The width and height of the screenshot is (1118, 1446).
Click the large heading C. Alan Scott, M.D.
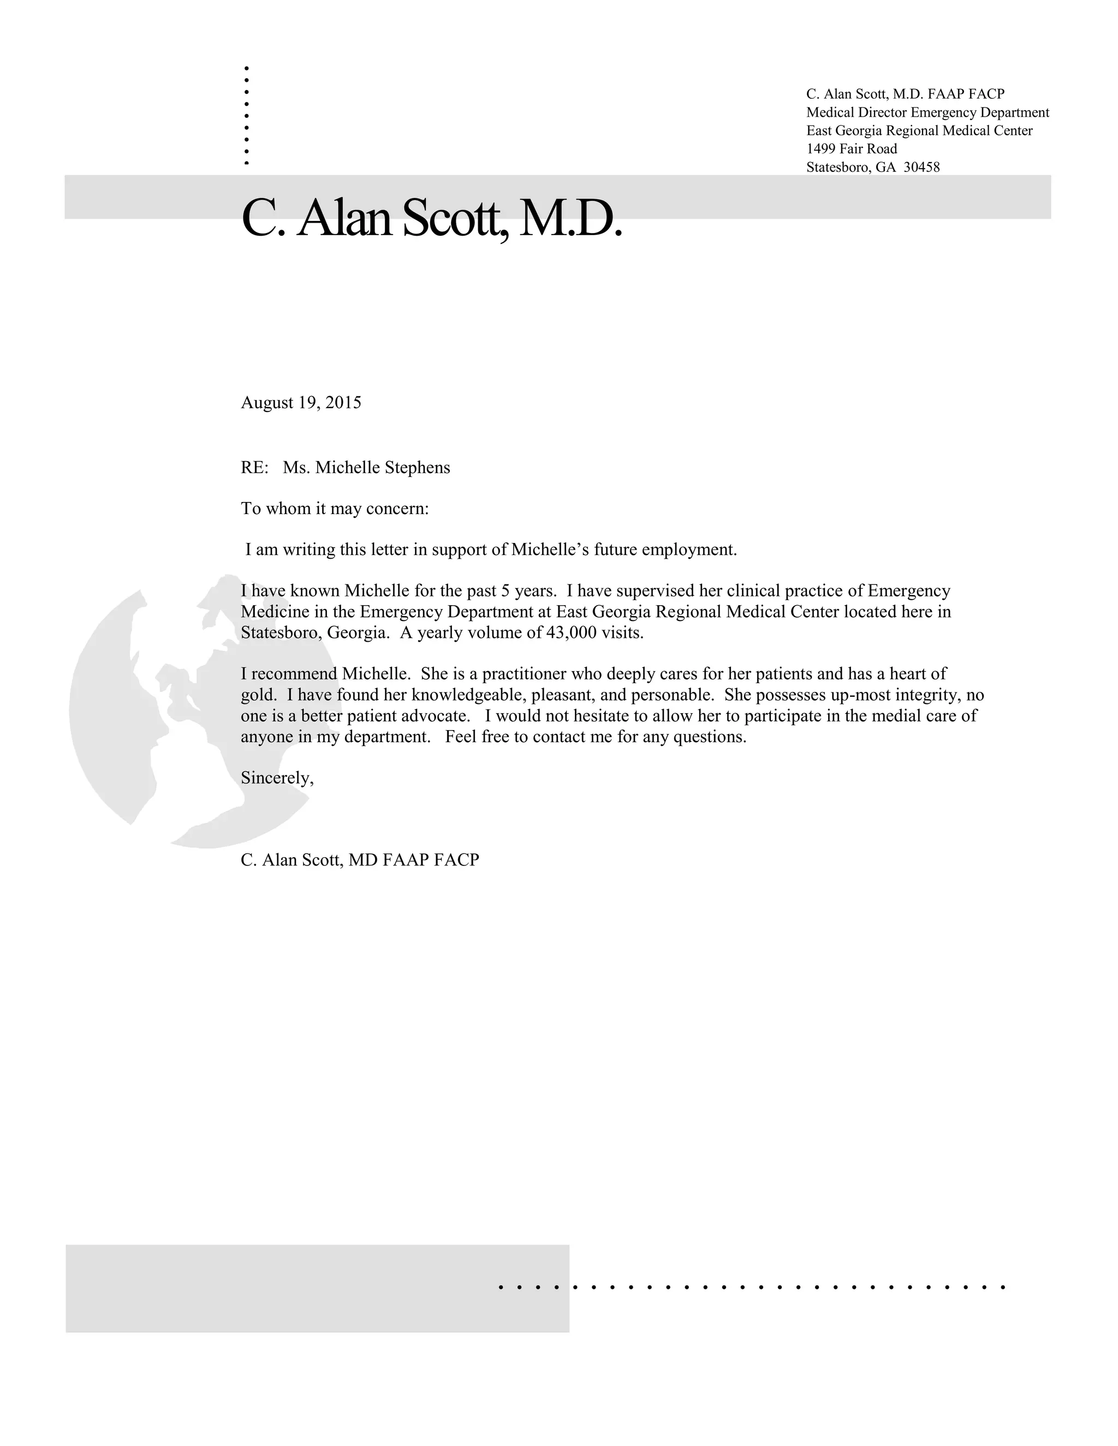[432, 218]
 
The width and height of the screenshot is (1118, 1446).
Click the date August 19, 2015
[301, 403]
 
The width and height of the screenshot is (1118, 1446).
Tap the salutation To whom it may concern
[335, 509]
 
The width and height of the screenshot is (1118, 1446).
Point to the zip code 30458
[921, 167]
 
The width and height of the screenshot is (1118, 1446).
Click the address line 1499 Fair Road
[851, 149]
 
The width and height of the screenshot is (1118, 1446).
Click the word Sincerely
[276, 778]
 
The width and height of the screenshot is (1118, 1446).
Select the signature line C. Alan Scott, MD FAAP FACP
[360, 860]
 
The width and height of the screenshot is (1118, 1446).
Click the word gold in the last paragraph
[257, 695]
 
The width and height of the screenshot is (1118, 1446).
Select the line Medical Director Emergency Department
[927, 112]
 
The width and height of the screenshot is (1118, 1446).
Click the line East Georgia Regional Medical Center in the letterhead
[919, 130]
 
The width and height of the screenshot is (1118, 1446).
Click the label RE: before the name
[254, 468]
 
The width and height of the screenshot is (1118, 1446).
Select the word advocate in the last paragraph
[435, 716]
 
